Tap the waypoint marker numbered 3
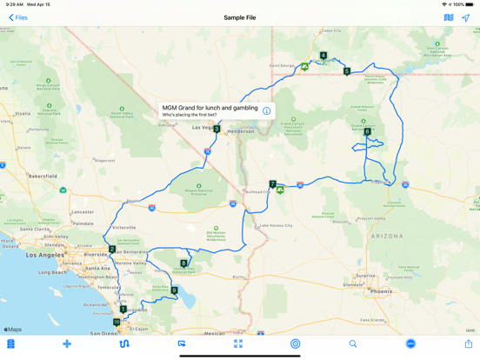click(x=217, y=129)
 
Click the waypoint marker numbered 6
click(x=367, y=132)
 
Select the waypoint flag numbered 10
click(x=117, y=322)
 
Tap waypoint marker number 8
click(x=183, y=263)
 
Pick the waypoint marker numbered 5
click(x=347, y=71)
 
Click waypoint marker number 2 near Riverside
click(x=112, y=250)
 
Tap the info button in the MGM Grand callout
click(x=266, y=111)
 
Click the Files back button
click(x=17, y=17)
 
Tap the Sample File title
click(x=240, y=17)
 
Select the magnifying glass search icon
click(x=353, y=344)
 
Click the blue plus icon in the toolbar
click(x=67, y=344)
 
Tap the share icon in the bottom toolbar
click(x=468, y=344)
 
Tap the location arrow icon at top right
click(x=466, y=17)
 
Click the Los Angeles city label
click(x=43, y=255)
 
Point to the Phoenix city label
click(x=382, y=291)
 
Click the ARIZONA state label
click(x=386, y=236)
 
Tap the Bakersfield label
click(x=42, y=176)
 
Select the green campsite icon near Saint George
click(x=304, y=67)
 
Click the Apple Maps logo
click(x=13, y=330)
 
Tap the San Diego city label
click(x=103, y=332)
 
